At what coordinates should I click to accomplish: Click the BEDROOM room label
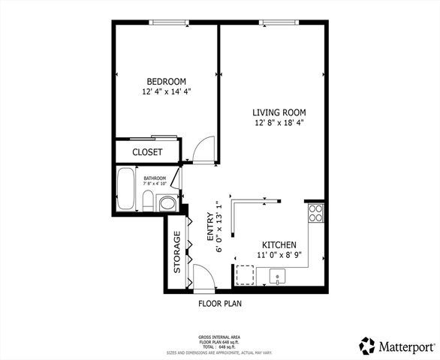pos(166,81)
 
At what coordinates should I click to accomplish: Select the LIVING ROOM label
pos(278,112)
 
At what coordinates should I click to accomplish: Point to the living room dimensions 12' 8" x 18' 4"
pos(278,122)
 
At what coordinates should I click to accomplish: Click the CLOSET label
pos(147,151)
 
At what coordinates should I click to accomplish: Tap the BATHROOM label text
pos(155,178)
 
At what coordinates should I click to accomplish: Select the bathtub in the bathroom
pos(126,190)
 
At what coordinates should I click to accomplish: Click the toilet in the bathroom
pos(149,201)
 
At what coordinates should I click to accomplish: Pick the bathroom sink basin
pos(167,202)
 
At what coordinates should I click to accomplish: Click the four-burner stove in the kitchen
pos(316,213)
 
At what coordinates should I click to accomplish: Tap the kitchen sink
pos(278,277)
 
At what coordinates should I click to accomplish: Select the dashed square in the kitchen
pos(245,275)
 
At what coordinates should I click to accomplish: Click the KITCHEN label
pos(278,245)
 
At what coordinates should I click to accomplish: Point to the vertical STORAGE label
pos(177,252)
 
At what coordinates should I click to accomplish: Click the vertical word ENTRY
pos(211,226)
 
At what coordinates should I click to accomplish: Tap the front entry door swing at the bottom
pos(204,277)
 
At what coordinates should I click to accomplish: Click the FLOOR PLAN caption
pos(219,304)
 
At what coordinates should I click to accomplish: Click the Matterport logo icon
pos(367,346)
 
